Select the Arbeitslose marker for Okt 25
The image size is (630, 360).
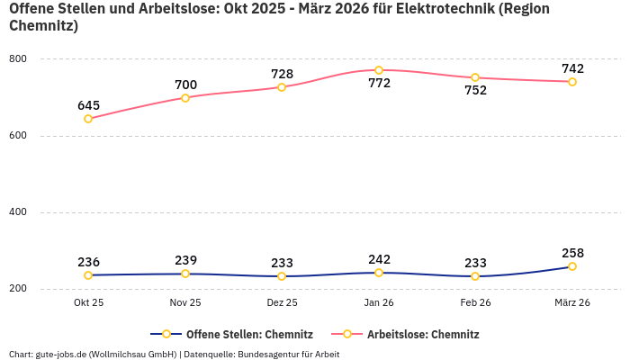pyautogui.click(x=88, y=119)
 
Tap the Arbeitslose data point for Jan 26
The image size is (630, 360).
pyautogui.click(x=379, y=70)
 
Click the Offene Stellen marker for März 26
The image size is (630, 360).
pyautogui.click(x=572, y=266)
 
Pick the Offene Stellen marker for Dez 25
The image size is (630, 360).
pyautogui.click(x=282, y=276)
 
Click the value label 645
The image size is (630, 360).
pyautogui.click(x=88, y=105)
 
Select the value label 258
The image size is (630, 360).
pyautogui.click(x=572, y=253)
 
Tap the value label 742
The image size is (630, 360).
pyautogui.click(x=572, y=68)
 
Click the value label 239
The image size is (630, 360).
pyautogui.click(x=185, y=260)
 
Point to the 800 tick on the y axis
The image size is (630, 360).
pyautogui.click(x=18, y=59)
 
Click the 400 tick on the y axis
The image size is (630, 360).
pyautogui.click(x=18, y=212)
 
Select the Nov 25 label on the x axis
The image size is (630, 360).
pyautogui.click(x=185, y=303)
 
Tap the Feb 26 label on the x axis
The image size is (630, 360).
pyautogui.click(x=475, y=303)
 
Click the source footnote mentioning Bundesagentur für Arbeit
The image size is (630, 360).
pyautogui.click(x=174, y=355)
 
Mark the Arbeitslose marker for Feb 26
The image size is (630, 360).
pyautogui.click(x=475, y=77)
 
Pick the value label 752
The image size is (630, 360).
pyautogui.click(x=475, y=91)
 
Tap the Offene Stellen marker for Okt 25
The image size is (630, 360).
pyautogui.click(x=88, y=275)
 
